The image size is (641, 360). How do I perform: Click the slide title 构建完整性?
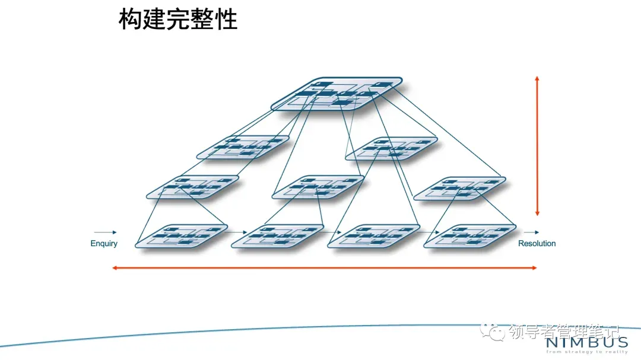coord(178,19)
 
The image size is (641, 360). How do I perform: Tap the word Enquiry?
coord(104,243)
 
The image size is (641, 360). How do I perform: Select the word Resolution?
coord(537,243)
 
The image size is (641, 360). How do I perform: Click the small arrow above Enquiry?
coord(105,232)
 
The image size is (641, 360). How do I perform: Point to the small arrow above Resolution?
coord(532,232)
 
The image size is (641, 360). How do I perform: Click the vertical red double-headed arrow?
coord(537,146)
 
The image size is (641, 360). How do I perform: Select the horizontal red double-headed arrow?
coord(325,268)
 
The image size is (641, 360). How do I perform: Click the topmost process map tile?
coord(337,94)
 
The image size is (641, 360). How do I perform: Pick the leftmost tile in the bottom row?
coord(182,235)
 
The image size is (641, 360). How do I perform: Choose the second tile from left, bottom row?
coord(277,235)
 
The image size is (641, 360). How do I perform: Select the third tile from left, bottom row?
coord(375,235)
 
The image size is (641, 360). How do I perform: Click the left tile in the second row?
coord(243,146)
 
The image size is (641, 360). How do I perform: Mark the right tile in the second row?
coord(392,148)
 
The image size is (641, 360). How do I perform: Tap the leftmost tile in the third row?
coord(193,186)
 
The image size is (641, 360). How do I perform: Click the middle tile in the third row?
coord(318,186)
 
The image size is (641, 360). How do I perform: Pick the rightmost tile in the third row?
coord(459,188)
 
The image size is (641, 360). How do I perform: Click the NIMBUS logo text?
coord(586,343)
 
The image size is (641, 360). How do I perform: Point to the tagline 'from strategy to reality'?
coord(586,352)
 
